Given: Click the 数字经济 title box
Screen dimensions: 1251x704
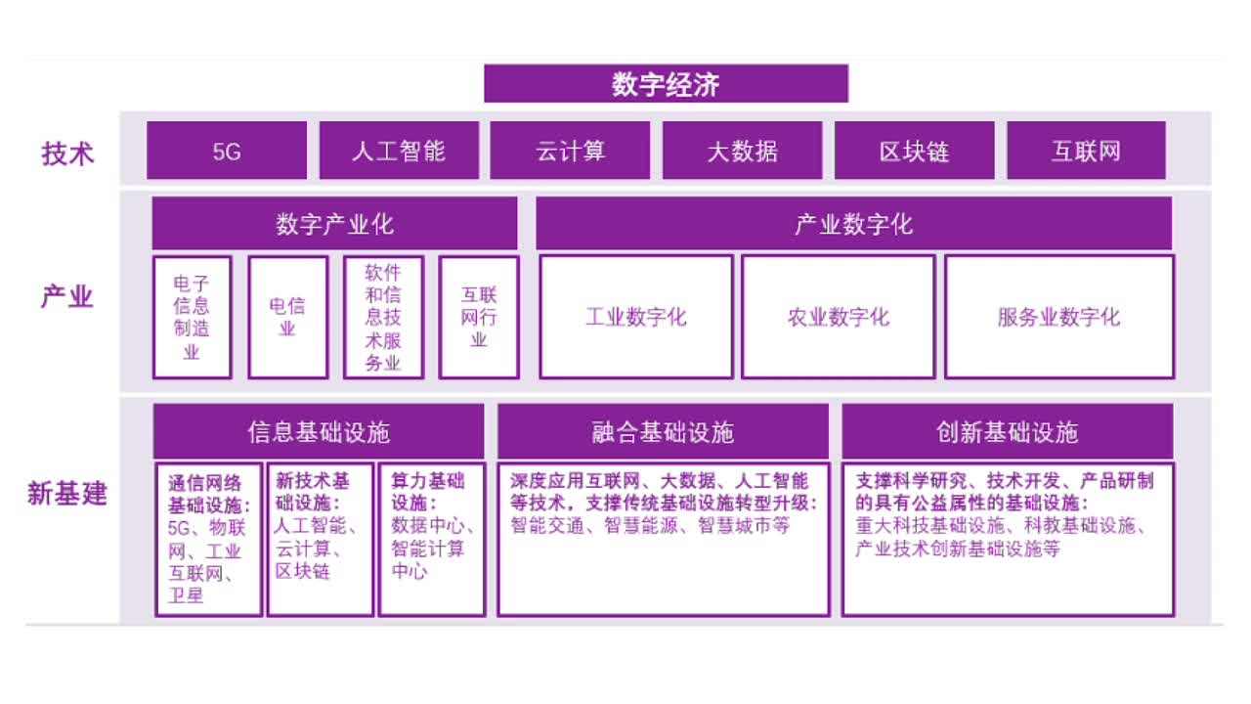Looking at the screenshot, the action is [x=666, y=84].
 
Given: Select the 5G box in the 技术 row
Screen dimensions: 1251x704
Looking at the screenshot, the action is [x=227, y=151].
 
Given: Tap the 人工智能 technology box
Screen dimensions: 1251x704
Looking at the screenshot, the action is [x=399, y=151].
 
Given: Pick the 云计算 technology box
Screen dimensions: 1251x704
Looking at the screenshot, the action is [x=570, y=151].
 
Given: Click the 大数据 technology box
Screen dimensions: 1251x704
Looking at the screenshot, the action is [x=742, y=151].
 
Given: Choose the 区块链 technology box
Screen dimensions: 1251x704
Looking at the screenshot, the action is [x=914, y=151].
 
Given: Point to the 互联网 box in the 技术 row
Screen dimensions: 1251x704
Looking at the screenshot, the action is [x=1086, y=151].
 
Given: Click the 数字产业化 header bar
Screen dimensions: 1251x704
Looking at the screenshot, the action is [x=334, y=224].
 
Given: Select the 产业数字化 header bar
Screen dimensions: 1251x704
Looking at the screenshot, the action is [x=854, y=224].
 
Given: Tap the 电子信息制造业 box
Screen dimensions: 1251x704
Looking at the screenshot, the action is [x=193, y=318].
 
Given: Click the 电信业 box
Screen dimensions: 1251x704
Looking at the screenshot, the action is [x=287, y=318].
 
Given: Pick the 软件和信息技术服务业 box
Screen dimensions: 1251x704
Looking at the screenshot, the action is [x=384, y=318].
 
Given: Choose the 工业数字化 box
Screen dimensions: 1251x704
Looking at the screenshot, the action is [x=636, y=318].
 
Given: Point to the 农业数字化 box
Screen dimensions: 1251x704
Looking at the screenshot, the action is [x=839, y=318].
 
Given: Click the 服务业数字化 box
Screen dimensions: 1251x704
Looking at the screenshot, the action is [x=1059, y=318].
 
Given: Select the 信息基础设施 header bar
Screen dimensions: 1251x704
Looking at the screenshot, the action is [x=319, y=432].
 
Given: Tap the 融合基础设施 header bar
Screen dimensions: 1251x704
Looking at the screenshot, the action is [x=663, y=432].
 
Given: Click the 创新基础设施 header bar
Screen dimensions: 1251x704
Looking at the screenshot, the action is [x=1008, y=432].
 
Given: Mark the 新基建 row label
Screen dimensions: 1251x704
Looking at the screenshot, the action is [x=67, y=494].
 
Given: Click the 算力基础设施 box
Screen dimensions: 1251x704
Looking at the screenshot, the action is [x=432, y=539].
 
